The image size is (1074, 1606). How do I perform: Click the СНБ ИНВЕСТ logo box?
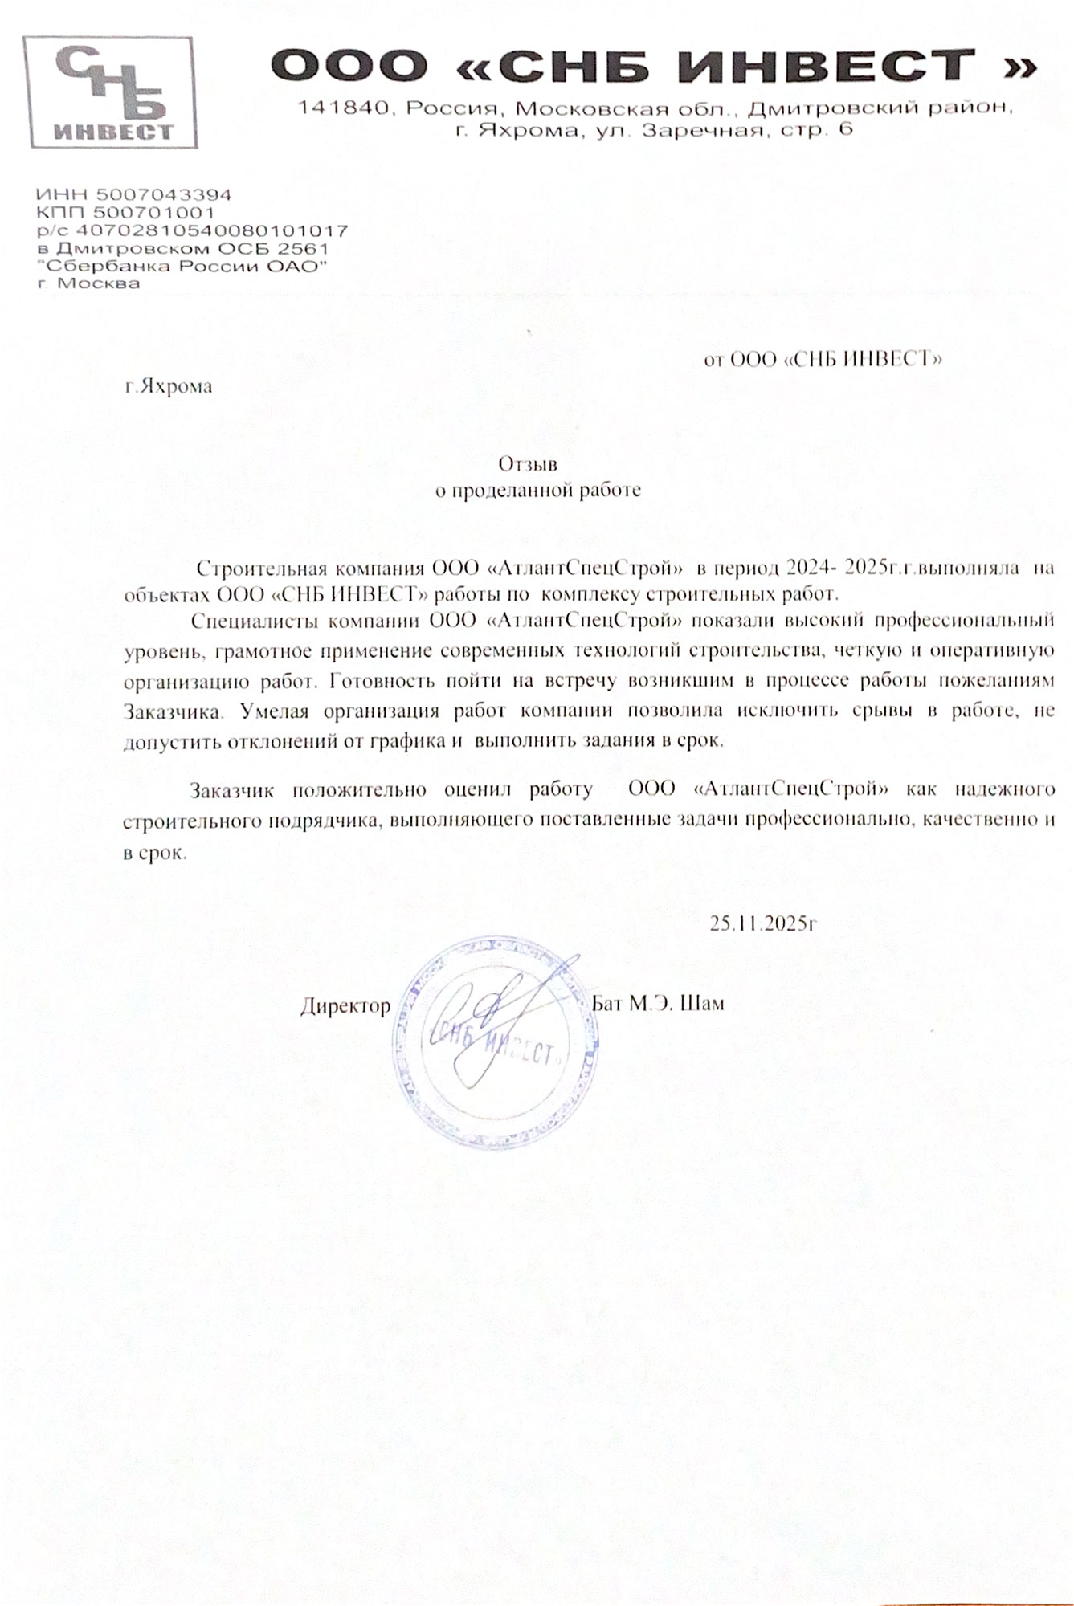pyautogui.click(x=110, y=92)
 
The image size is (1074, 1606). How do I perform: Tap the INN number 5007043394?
pyautogui.click(x=164, y=195)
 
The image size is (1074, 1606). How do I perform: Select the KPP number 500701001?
pyautogui.click(x=154, y=213)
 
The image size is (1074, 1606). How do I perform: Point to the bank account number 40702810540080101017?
pyautogui.click(x=216, y=230)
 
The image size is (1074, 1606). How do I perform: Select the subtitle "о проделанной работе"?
pyautogui.click(x=537, y=490)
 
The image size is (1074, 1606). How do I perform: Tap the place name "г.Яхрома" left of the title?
pyautogui.click(x=169, y=386)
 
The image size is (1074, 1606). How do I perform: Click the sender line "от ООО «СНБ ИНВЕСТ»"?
pyautogui.click(x=823, y=359)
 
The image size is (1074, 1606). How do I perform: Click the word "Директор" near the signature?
pyautogui.click(x=345, y=1005)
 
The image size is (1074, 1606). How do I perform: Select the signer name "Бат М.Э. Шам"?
pyautogui.click(x=657, y=1003)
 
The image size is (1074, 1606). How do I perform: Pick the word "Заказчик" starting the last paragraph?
pyautogui.click(x=232, y=789)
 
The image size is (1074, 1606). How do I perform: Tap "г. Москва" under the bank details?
pyautogui.click(x=88, y=283)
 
